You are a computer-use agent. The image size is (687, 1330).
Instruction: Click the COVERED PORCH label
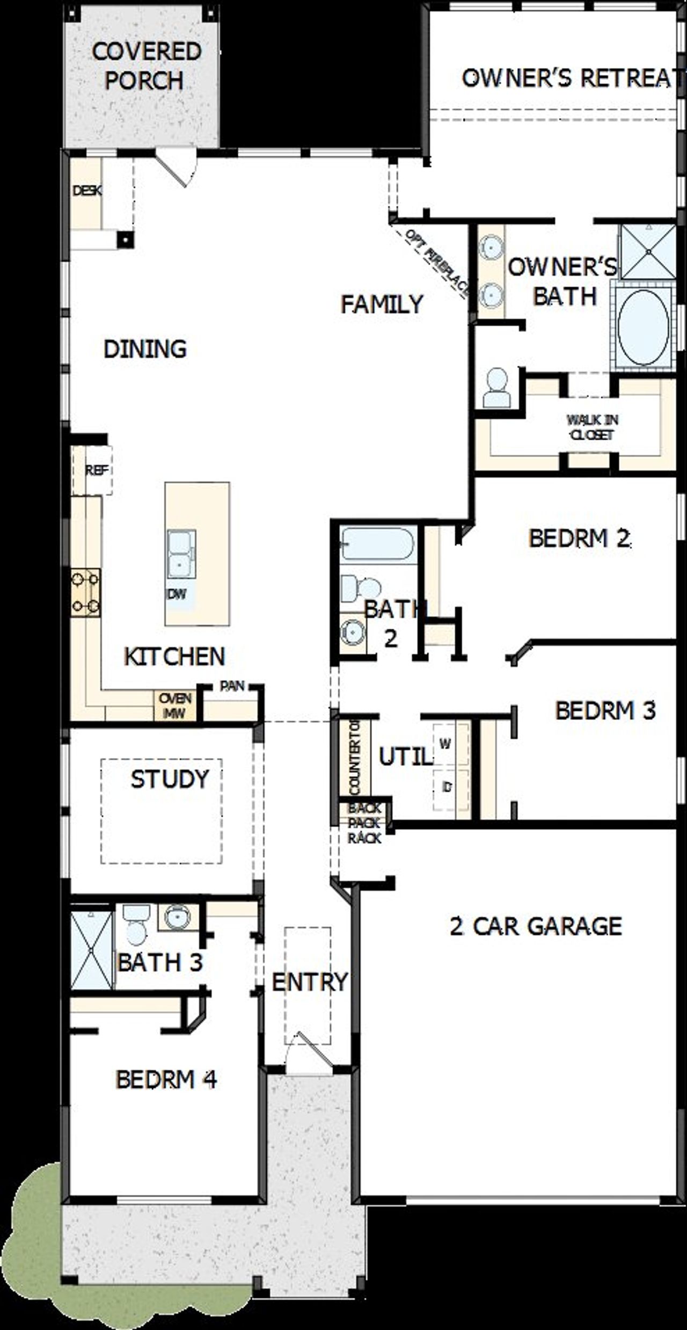click(145, 66)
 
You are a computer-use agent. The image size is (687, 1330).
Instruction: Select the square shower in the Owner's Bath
click(647, 251)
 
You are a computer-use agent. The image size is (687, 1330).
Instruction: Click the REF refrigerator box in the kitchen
click(97, 470)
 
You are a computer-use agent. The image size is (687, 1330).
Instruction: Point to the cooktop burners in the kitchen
click(86, 593)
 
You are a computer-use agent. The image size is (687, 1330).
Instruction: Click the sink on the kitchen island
click(181, 554)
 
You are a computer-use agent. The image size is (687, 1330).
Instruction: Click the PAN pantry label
click(232, 686)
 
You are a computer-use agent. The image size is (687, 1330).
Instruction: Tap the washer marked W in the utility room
click(445, 744)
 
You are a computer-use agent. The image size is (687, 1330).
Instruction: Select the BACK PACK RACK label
click(364, 823)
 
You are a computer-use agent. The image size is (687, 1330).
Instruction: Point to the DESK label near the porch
click(87, 191)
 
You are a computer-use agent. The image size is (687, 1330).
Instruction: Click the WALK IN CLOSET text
click(591, 427)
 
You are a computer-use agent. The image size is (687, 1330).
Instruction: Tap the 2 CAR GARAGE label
click(535, 926)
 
